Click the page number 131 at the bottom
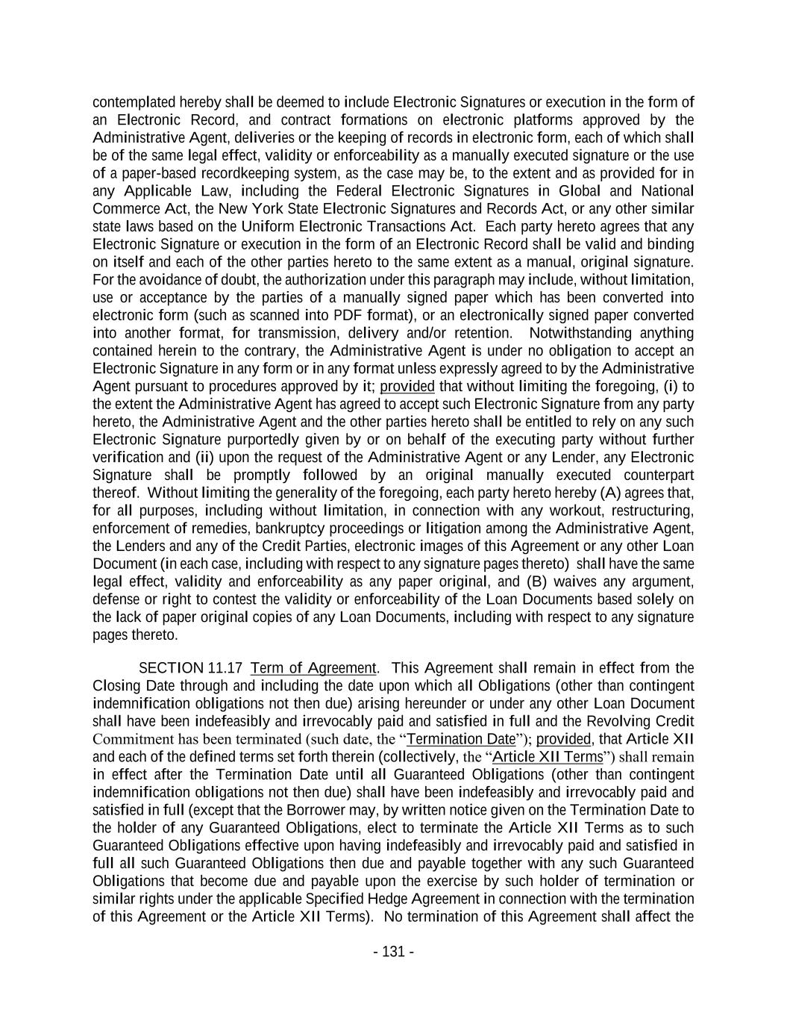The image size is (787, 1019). click(393, 952)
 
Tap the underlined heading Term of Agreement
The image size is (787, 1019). click(313, 668)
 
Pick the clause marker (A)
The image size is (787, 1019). click(609, 493)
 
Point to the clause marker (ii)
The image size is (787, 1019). click(205, 458)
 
